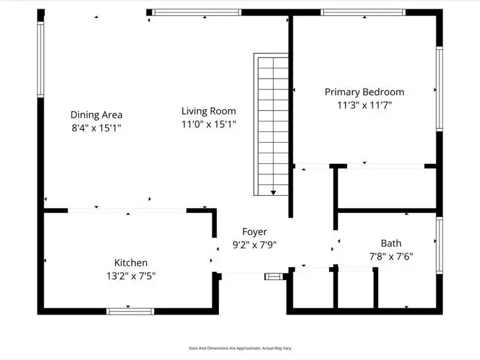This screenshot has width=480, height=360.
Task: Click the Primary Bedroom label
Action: coord(364,92)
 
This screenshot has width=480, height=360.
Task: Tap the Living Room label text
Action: coord(209,111)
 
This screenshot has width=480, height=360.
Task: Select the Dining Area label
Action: coord(97,115)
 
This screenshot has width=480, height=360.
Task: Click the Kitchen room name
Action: coord(131,263)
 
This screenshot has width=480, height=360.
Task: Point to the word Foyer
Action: coord(254,232)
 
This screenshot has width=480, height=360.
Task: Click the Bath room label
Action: coord(391,243)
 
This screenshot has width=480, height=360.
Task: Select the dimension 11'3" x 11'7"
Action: coord(364,105)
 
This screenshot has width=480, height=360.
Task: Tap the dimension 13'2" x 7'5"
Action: coord(131,276)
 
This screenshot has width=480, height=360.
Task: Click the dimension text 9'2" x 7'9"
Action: coord(254,245)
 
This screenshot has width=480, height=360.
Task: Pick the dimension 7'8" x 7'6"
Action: coord(391,256)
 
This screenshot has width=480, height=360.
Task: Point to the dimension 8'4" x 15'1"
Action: coord(97,128)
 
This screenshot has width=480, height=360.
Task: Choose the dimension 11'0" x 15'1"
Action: coord(209,124)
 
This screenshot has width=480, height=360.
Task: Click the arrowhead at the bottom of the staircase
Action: coord(273,193)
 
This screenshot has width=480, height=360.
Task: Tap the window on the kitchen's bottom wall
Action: coord(130,311)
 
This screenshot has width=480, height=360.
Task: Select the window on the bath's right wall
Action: coord(439,247)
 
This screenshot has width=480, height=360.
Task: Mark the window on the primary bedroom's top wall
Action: coord(362,12)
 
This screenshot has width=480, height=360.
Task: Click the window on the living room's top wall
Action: coord(197,12)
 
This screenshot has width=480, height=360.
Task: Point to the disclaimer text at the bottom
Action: coord(240,348)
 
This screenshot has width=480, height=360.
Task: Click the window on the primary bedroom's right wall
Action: coord(439,89)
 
